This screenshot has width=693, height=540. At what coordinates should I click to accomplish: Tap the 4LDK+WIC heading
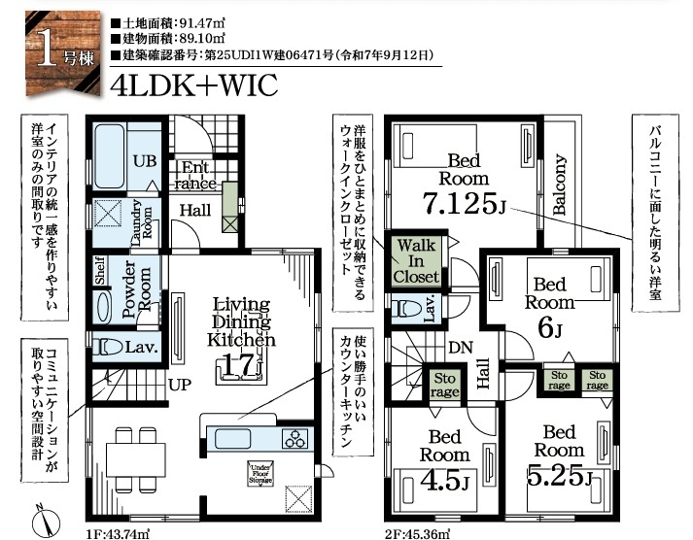[x=194, y=85]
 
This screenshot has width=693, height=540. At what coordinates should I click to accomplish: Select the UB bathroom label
[x=145, y=161]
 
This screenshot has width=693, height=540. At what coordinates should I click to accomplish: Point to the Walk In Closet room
[x=416, y=261]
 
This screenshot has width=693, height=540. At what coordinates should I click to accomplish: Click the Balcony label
[x=559, y=185]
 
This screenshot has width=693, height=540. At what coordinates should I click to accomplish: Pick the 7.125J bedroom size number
[x=464, y=203]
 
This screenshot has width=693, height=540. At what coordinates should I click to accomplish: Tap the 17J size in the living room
[x=241, y=366]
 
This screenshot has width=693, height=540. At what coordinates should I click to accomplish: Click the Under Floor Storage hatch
[x=260, y=474]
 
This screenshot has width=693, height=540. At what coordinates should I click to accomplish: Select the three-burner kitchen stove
[x=295, y=439]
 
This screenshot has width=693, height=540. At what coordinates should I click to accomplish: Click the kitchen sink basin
[x=232, y=439]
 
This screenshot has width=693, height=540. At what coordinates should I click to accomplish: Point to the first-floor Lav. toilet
[x=108, y=347]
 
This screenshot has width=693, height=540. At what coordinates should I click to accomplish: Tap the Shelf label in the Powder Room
[x=100, y=270]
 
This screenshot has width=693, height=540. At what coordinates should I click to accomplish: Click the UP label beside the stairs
[x=180, y=385]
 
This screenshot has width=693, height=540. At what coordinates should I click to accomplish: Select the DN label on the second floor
[x=461, y=348]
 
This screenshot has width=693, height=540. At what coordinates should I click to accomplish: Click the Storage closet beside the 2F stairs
[x=444, y=385]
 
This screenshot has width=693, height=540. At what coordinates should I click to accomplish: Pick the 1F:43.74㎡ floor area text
[x=118, y=534]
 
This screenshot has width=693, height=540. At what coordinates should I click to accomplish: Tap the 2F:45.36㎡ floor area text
[x=417, y=534]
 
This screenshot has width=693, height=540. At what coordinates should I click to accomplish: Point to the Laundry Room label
[x=142, y=223]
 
